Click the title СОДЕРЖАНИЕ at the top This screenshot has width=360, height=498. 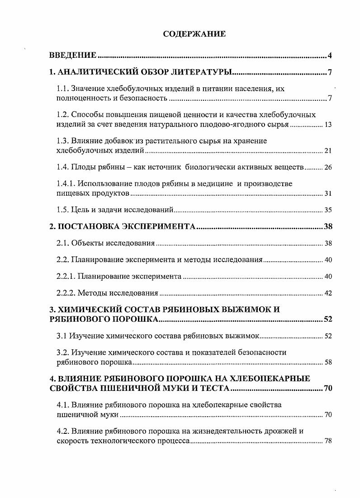(x=194, y=34)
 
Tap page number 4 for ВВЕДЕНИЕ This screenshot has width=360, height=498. (x=330, y=56)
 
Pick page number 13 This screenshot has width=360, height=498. (x=328, y=124)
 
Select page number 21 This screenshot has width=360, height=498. (x=328, y=150)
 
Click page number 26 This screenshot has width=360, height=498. (x=328, y=168)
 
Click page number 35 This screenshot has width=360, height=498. (x=328, y=210)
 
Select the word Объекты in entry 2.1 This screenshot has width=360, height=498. (x=86, y=243)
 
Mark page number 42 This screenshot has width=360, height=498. (x=328, y=293)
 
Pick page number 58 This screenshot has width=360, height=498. (x=328, y=362)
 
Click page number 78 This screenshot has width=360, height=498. (x=328, y=441)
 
